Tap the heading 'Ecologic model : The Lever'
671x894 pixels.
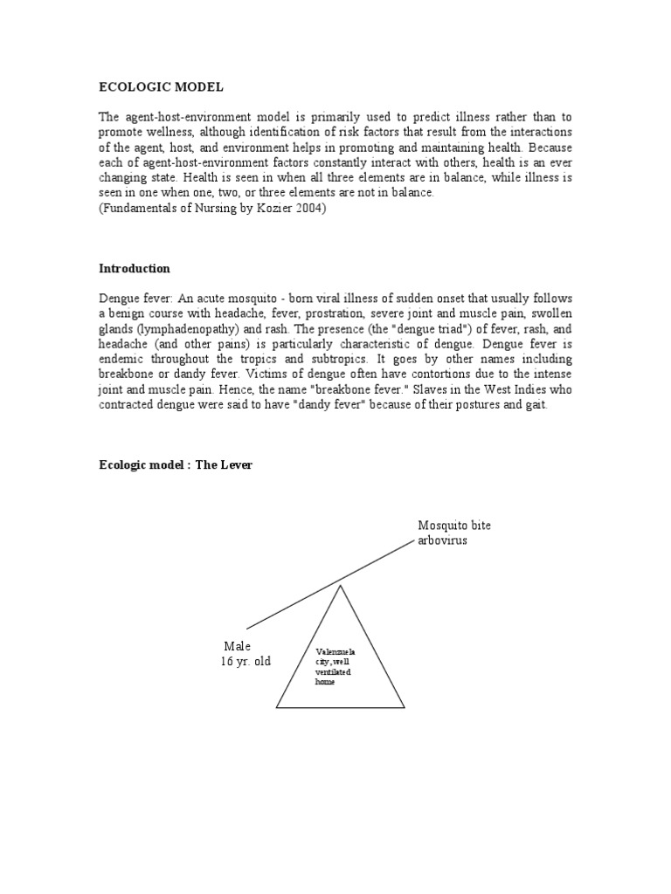176,465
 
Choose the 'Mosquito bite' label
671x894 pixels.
454,526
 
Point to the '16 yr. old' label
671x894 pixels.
246,662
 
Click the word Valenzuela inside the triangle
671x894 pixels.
335,652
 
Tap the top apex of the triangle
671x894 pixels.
341,586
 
